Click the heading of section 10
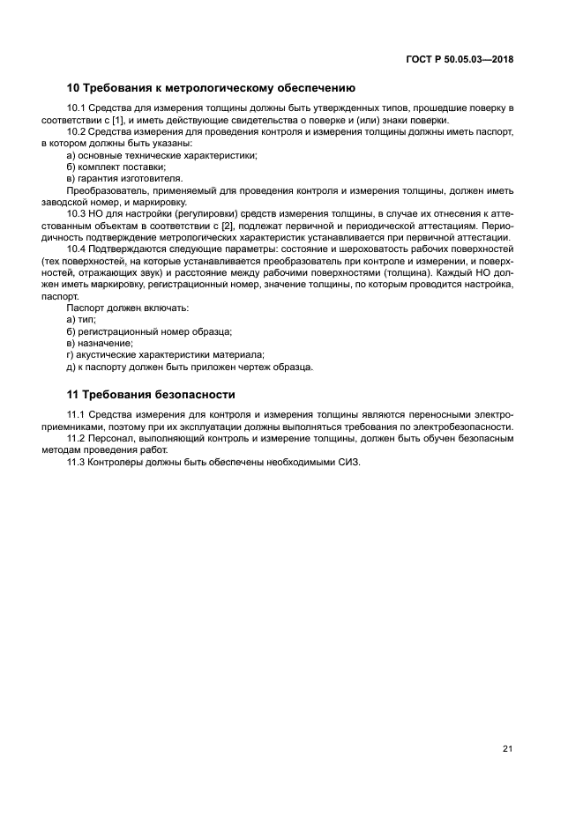coord(211,87)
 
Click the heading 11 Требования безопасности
coord(151,394)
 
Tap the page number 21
coord(507,749)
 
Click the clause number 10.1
coord(78,108)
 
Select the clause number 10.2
coord(78,131)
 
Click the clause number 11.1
coord(78,414)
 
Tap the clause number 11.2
coord(78,438)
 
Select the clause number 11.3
coord(78,463)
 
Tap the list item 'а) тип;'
coord(81,320)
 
